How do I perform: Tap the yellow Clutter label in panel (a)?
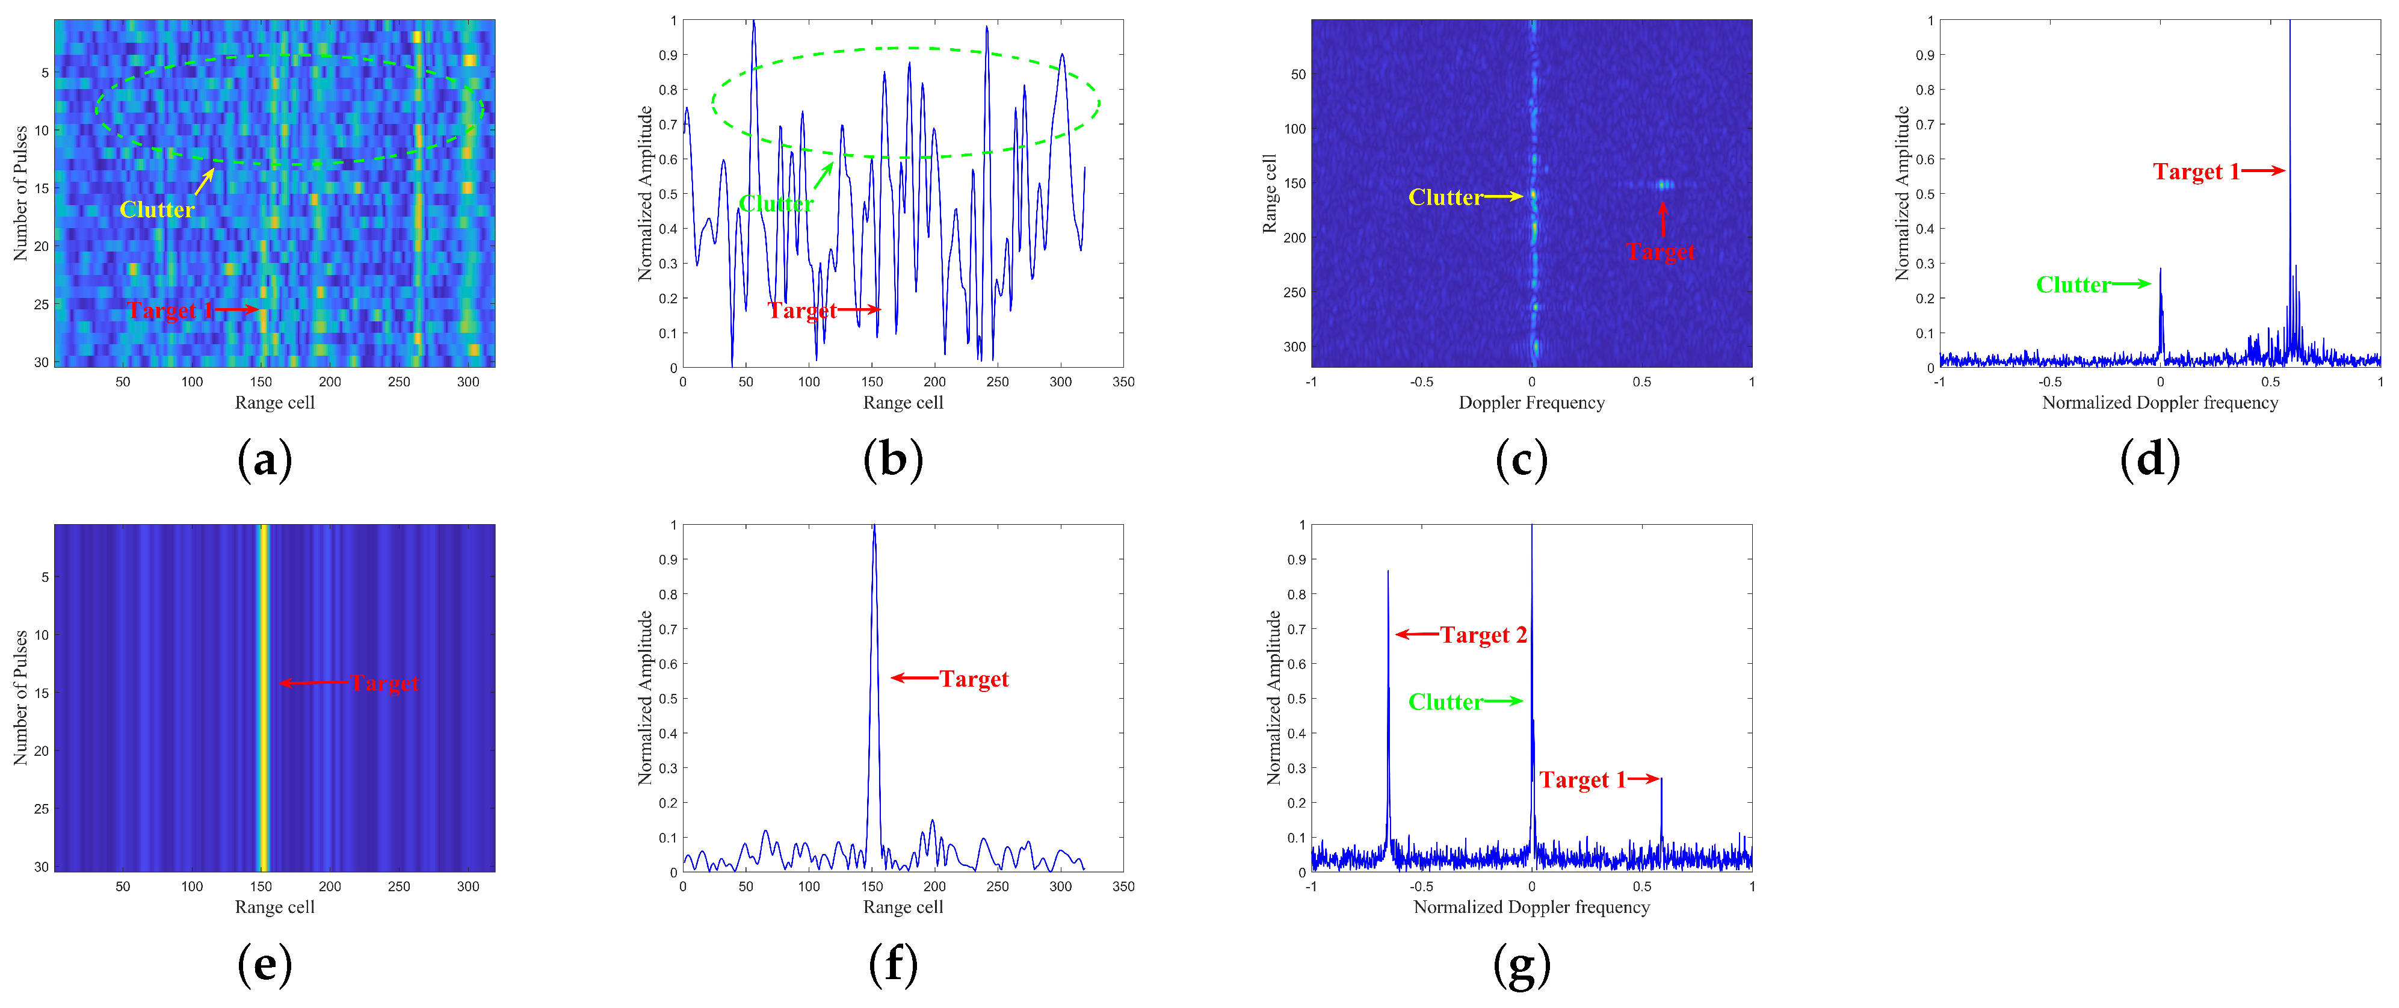tap(156, 209)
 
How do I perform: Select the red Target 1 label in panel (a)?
tap(170, 311)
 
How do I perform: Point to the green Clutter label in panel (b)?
tap(776, 203)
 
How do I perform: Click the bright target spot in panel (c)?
tap(1663, 185)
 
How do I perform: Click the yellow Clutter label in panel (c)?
tap(1445, 197)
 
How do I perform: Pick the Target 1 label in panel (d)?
tap(2195, 172)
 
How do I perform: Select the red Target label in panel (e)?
tap(384, 683)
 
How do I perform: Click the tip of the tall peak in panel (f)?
tap(874, 527)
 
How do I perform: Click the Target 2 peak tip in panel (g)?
tap(1388, 572)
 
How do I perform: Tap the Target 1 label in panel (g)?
tap(1581, 780)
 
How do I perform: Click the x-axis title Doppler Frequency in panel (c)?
tap(1531, 403)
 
